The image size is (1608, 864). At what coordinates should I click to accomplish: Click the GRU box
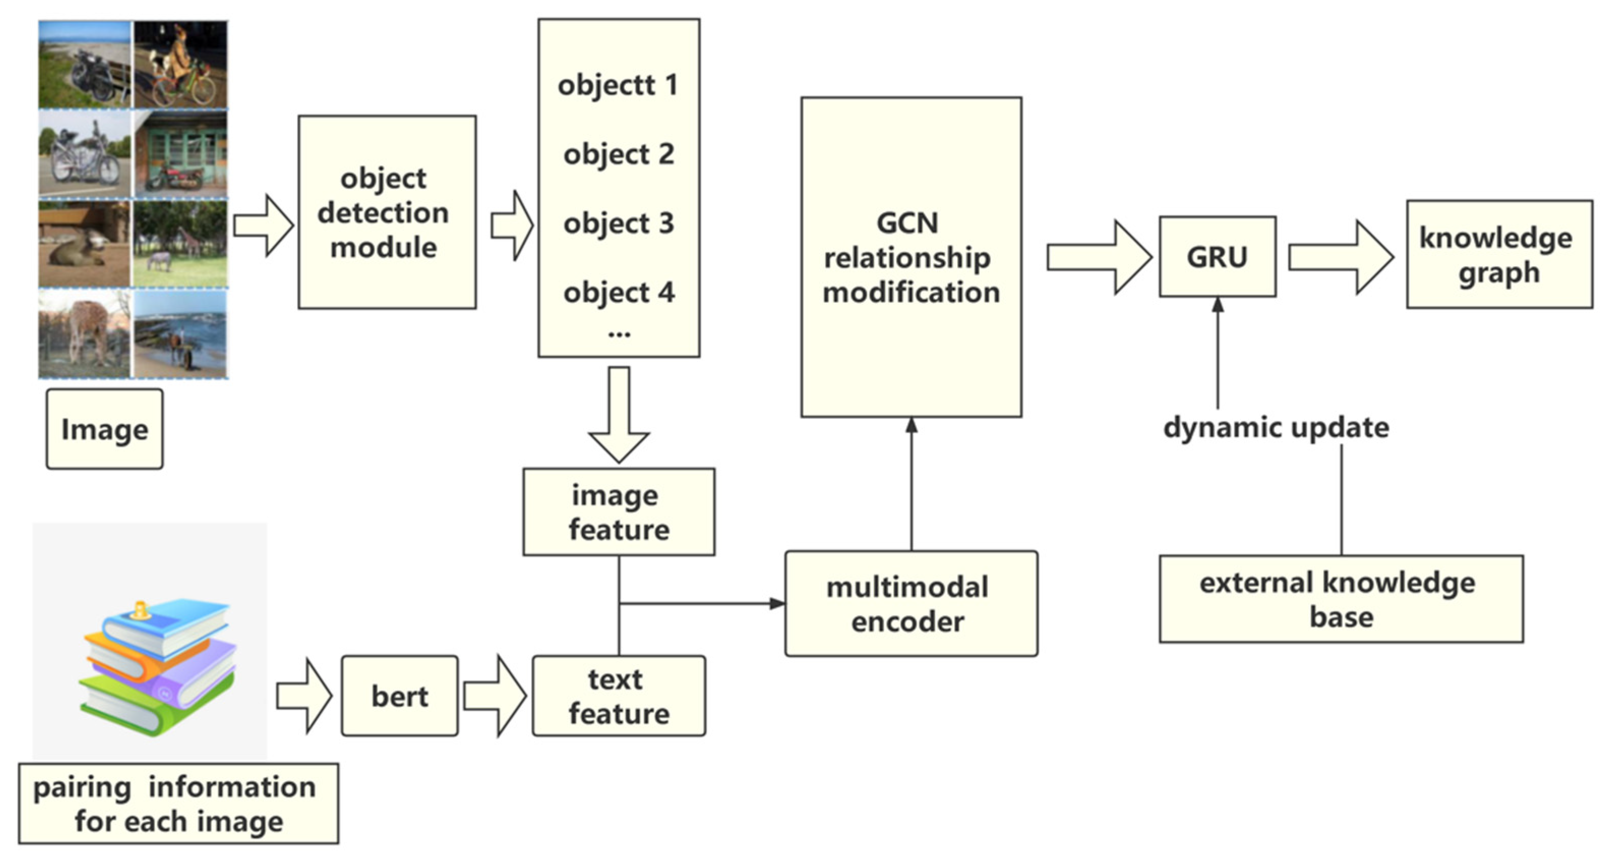coord(1217,256)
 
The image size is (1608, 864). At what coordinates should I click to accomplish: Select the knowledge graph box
coord(1499,255)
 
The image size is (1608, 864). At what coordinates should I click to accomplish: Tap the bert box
coord(400,696)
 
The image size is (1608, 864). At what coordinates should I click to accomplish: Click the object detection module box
coord(387,212)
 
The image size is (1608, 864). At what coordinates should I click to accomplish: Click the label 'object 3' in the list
coord(619,223)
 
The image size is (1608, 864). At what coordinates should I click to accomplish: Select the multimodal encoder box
coord(911,603)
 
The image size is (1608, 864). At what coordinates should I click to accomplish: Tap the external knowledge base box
coord(1341,599)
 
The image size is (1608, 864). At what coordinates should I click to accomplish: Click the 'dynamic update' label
coord(1276,428)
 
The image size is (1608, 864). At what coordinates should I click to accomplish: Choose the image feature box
coord(619,512)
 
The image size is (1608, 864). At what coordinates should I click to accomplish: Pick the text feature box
coord(619,696)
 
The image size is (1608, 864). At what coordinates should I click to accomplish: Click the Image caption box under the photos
coord(105,429)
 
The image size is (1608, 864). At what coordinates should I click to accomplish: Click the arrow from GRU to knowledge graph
coord(1341,257)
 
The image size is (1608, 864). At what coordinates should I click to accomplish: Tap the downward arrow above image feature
coord(619,415)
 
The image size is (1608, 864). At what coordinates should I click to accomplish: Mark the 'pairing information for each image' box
coord(178,804)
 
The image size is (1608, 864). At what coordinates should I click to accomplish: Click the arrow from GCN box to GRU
coord(1099,257)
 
